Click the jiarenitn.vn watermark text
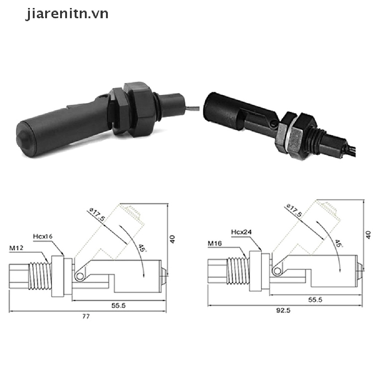(x=67, y=14)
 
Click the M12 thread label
(x=16, y=248)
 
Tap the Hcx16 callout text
(x=43, y=236)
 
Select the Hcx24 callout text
(x=241, y=232)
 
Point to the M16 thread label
(x=215, y=243)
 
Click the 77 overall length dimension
(x=86, y=317)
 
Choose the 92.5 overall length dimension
(x=283, y=310)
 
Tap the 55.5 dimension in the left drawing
(x=118, y=306)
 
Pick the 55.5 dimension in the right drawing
(x=315, y=300)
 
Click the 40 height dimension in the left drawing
(x=173, y=239)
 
